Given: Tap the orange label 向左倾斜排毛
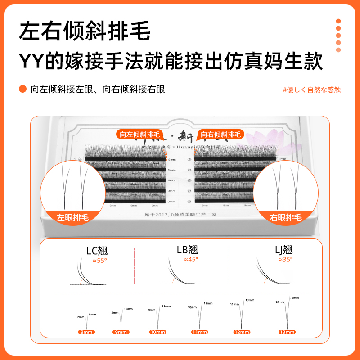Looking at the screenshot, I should coord(140,134).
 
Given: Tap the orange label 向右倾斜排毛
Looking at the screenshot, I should coord(221,134).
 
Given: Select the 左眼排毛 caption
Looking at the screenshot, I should coord(73,217).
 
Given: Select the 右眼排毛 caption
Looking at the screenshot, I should coord(286,217).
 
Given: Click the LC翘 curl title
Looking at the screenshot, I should coord(97,251).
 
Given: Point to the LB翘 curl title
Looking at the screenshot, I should coord(187,250).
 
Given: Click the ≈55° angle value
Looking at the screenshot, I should coord(99,260).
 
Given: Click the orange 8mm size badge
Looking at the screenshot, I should coord(86,332).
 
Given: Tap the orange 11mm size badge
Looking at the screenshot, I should coord(199,332).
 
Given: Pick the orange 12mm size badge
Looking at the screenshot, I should coord(242,332).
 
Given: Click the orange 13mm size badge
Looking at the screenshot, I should coord(286,332).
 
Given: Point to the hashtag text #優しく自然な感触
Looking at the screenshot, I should coord(311,90).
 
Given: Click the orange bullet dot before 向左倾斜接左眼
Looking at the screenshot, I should coord(22,89).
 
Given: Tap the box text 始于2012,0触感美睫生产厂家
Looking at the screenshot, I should coord(180,215).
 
